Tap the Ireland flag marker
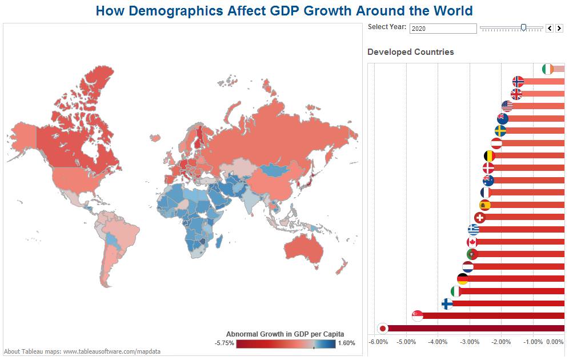(x=548, y=69)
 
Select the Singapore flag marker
(x=418, y=315)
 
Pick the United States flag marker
(x=507, y=106)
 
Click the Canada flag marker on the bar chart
(x=472, y=242)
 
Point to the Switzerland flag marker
(x=480, y=218)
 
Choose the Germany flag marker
(x=463, y=279)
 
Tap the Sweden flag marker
(x=500, y=131)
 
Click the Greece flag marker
(x=474, y=230)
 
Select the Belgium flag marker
(x=490, y=155)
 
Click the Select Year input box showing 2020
(x=443, y=28)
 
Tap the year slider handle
(x=523, y=27)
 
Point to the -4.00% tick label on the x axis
(x=438, y=342)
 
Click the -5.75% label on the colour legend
(x=224, y=343)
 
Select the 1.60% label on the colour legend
(x=347, y=343)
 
